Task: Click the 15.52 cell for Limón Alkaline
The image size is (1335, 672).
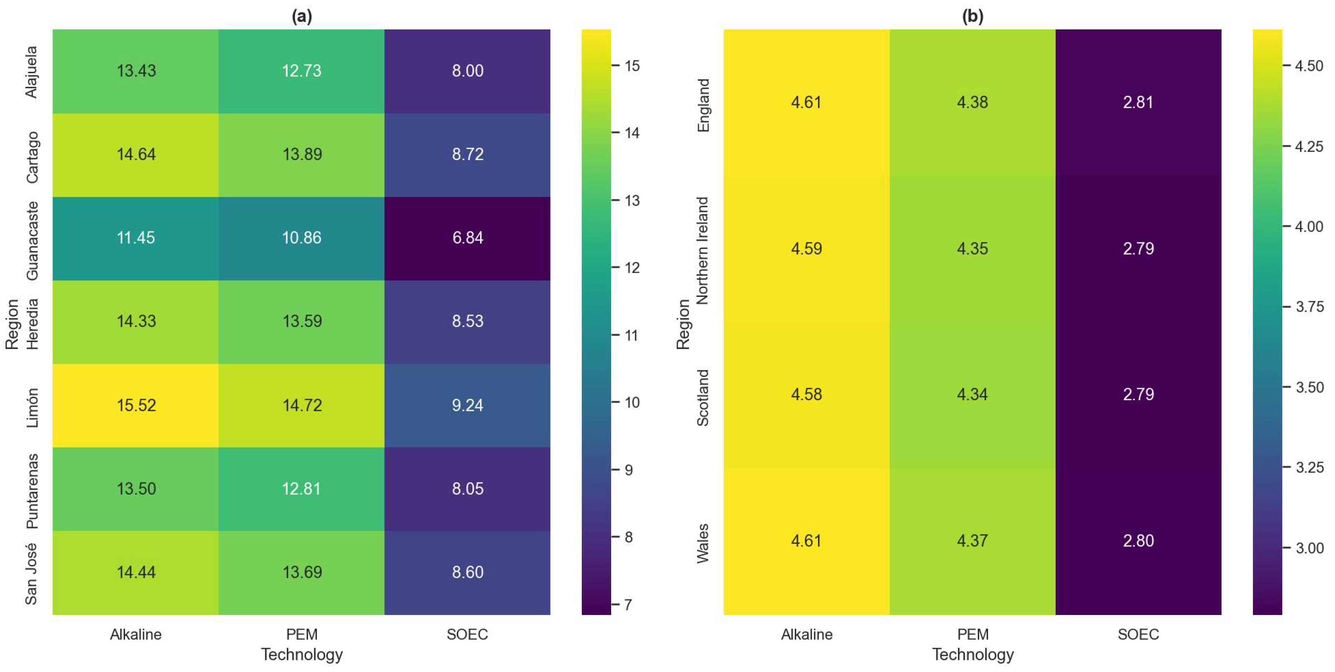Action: click(136, 405)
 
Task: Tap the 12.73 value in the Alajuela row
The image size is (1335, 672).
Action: click(301, 70)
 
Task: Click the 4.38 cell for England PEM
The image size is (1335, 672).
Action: click(972, 102)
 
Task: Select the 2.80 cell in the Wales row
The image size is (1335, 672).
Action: click(1138, 541)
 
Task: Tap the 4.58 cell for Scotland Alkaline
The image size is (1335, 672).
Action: click(806, 395)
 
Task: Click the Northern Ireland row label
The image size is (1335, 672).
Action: click(702, 250)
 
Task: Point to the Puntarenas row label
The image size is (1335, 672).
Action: click(32, 490)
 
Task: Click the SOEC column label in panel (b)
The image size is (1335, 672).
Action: click(1138, 634)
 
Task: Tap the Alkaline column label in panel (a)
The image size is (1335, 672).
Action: click(136, 634)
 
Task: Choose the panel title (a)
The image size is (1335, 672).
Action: click(301, 17)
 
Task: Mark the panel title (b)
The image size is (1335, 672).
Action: click(972, 17)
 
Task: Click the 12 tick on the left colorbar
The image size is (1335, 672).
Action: click(631, 268)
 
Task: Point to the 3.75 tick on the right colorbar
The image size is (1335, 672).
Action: click(1309, 307)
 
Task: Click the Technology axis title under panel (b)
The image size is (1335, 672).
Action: click(972, 654)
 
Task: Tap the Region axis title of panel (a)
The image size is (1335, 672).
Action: click(12, 324)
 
